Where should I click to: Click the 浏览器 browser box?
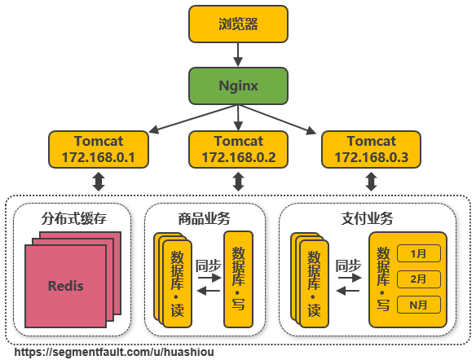(238, 24)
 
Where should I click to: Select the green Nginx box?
(238, 86)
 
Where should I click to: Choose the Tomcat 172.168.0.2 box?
(238, 149)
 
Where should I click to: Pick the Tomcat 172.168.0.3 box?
(372, 149)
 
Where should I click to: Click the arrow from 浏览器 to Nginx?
(238, 55)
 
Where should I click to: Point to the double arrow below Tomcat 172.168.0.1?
(99, 182)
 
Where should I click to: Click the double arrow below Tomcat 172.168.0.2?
(238, 182)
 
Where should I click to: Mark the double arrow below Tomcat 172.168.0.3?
(372, 182)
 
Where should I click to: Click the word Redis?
(65, 287)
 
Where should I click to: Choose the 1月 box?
(419, 253)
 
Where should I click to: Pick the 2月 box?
(419, 279)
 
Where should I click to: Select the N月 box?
(419, 305)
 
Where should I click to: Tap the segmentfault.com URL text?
(114, 352)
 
